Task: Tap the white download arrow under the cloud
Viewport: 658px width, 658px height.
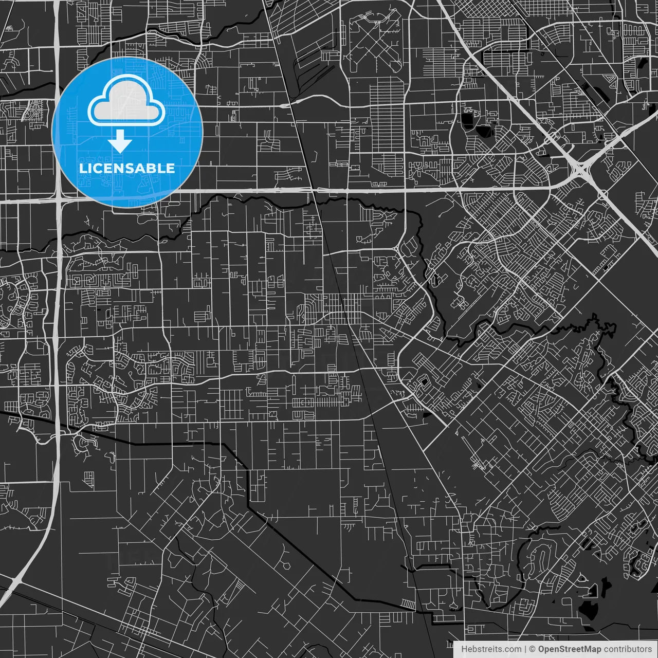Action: [120, 141]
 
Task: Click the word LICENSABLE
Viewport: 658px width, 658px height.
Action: [127, 168]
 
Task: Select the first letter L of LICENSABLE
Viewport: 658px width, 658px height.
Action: [82, 168]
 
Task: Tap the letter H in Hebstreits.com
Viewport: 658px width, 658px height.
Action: [464, 649]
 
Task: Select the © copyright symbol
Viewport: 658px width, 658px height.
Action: [533, 649]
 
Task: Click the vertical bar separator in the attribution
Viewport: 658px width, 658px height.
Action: [525, 649]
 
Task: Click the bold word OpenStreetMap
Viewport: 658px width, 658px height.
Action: [570, 649]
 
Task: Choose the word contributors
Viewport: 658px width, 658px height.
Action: [628, 649]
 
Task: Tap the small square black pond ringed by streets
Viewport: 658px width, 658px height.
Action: [425, 382]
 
